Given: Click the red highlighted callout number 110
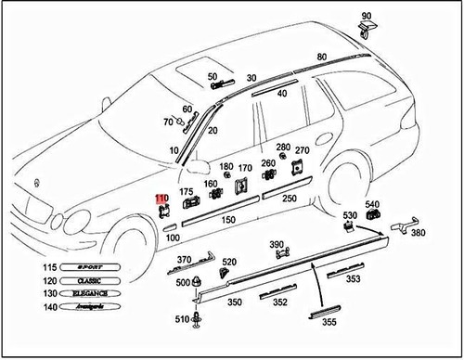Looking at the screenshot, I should tap(161, 199).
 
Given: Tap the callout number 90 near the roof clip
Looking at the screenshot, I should tap(366, 16).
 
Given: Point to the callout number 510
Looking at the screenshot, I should tap(182, 320).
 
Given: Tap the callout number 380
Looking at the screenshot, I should tap(418, 233).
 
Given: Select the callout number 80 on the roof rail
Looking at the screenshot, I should tap(321, 58).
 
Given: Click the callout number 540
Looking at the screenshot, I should tap(372, 204).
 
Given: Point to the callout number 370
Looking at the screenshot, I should tap(184, 260).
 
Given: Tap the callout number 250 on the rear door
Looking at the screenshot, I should tap(289, 199).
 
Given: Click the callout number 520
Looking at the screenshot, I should tap(228, 263).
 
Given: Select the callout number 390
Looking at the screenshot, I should tap(277, 244).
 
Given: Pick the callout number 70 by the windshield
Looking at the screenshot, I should tap(168, 122).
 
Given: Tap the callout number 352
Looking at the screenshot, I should tap(280, 302).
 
